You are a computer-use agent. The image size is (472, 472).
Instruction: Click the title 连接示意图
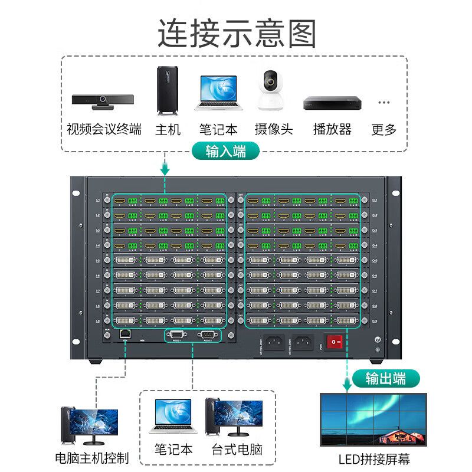click(x=236, y=33)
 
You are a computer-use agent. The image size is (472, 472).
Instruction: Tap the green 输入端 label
click(x=225, y=151)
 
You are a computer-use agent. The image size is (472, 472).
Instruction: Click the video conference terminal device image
click(x=102, y=101)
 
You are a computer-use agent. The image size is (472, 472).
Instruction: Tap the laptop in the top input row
click(x=218, y=93)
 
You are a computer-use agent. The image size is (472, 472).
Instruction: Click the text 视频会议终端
click(x=104, y=129)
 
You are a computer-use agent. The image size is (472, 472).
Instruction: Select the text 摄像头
click(x=274, y=129)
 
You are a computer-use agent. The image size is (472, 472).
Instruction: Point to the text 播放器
click(x=332, y=129)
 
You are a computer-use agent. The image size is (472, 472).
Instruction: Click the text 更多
click(x=384, y=129)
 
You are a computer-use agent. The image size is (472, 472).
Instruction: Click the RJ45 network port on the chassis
click(x=125, y=334)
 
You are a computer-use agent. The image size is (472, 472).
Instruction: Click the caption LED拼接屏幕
click(x=374, y=459)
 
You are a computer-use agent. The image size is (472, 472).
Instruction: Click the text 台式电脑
click(x=237, y=450)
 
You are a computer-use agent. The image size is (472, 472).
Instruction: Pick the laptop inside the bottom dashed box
click(x=173, y=415)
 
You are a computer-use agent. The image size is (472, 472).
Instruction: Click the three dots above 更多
click(x=384, y=102)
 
